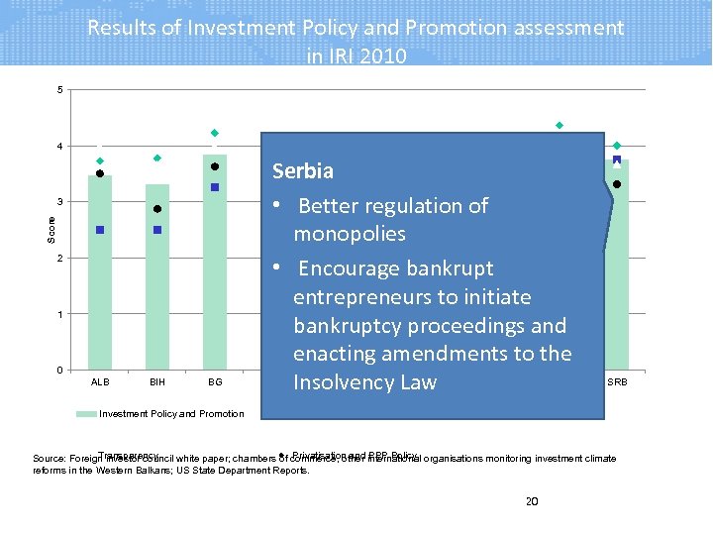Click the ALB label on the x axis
[x=100, y=381]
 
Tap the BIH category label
[x=157, y=381]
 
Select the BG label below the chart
[x=215, y=381]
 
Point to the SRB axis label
[x=617, y=382]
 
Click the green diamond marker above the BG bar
[x=214, y=133]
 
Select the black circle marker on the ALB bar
[x=100, y=174]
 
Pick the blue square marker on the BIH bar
[x=157, y=230]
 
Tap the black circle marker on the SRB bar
[x=617, y=184]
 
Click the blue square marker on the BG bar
[x=214, y=187]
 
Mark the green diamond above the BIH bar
[x=157, y=159]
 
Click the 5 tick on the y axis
[x=59, y=91]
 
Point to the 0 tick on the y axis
[x=59, y=371]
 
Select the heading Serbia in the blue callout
[x=302, y=170]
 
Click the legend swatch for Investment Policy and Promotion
[x=87, y=413]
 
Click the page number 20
[x=531, y=501]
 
